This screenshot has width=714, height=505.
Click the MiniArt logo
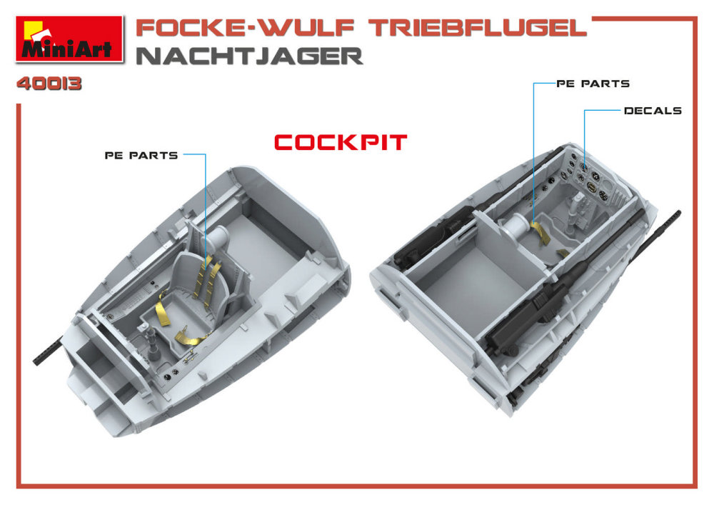(x=69, y=39)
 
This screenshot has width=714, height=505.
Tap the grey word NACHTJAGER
(x=249, y=56)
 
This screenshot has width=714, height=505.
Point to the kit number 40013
(x=49, y=84)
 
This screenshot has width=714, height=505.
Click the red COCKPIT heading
(x=340, y=143)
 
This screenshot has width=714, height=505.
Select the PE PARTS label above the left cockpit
(x=141, y=156)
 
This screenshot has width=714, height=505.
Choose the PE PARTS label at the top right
(x=593, y=84)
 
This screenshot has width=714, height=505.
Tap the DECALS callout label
(x=653, y=111)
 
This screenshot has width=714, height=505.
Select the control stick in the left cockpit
(x=152, y=341)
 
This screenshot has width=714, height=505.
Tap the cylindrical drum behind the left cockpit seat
(x=218, y=237)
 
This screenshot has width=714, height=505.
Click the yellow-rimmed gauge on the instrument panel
(x=591, y=186)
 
